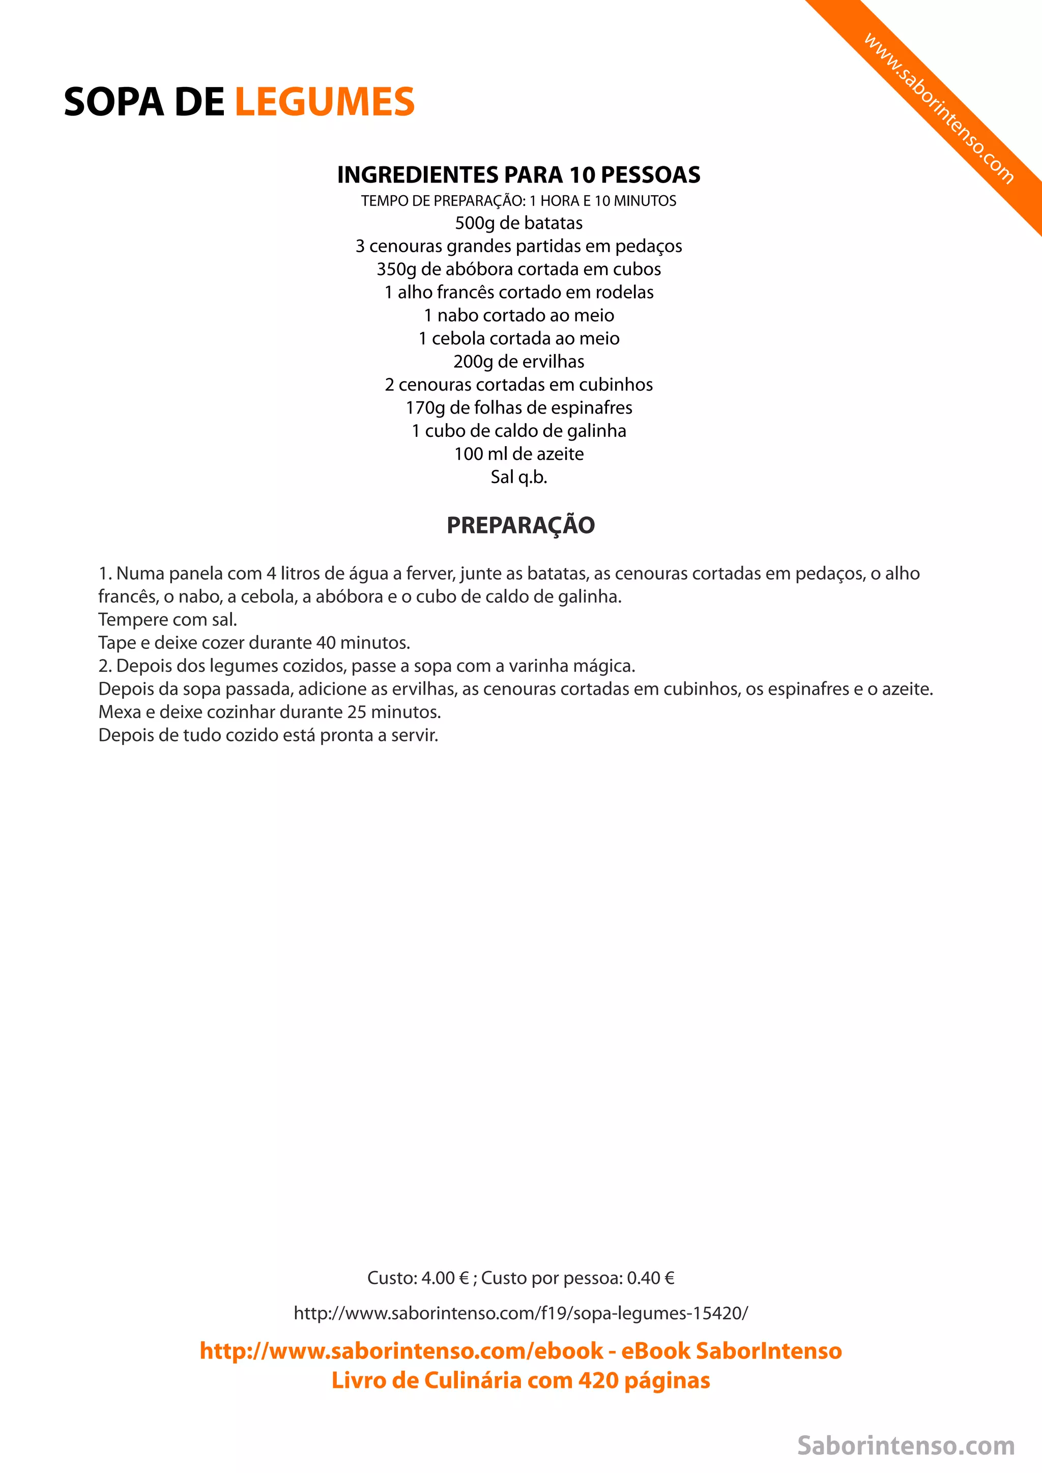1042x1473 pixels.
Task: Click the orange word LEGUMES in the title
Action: click(x=325, y=102)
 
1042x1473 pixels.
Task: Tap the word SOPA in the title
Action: click(x=113, y=102)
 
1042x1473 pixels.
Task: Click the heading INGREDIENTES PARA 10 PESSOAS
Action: click(x=518, y=174)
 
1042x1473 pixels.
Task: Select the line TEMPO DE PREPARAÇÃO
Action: click(x=518, y=201)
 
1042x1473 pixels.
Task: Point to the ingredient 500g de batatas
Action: click(x=518, y=223)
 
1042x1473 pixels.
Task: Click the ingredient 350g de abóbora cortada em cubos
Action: click(x=518, y=270)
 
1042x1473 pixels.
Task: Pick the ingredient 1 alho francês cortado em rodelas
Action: click(x=518, y=292)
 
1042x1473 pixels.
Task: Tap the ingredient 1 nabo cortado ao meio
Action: click(x=518, y=316)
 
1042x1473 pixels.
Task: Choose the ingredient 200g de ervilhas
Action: click(x=518, y=362)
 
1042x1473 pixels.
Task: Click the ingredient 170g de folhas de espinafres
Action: click(x=518, y=408)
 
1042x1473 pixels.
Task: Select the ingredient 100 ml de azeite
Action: click(x=518, y=454)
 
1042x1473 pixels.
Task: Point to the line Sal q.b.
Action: click(x=518, y=477)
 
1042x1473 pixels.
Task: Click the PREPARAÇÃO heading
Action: click(x=520, y=525)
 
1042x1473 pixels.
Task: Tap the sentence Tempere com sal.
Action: click(x=167, y=620)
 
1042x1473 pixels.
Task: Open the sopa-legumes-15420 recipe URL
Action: click(x=520, y=1313)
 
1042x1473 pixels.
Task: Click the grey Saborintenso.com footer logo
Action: click(x=905, y=1446)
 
